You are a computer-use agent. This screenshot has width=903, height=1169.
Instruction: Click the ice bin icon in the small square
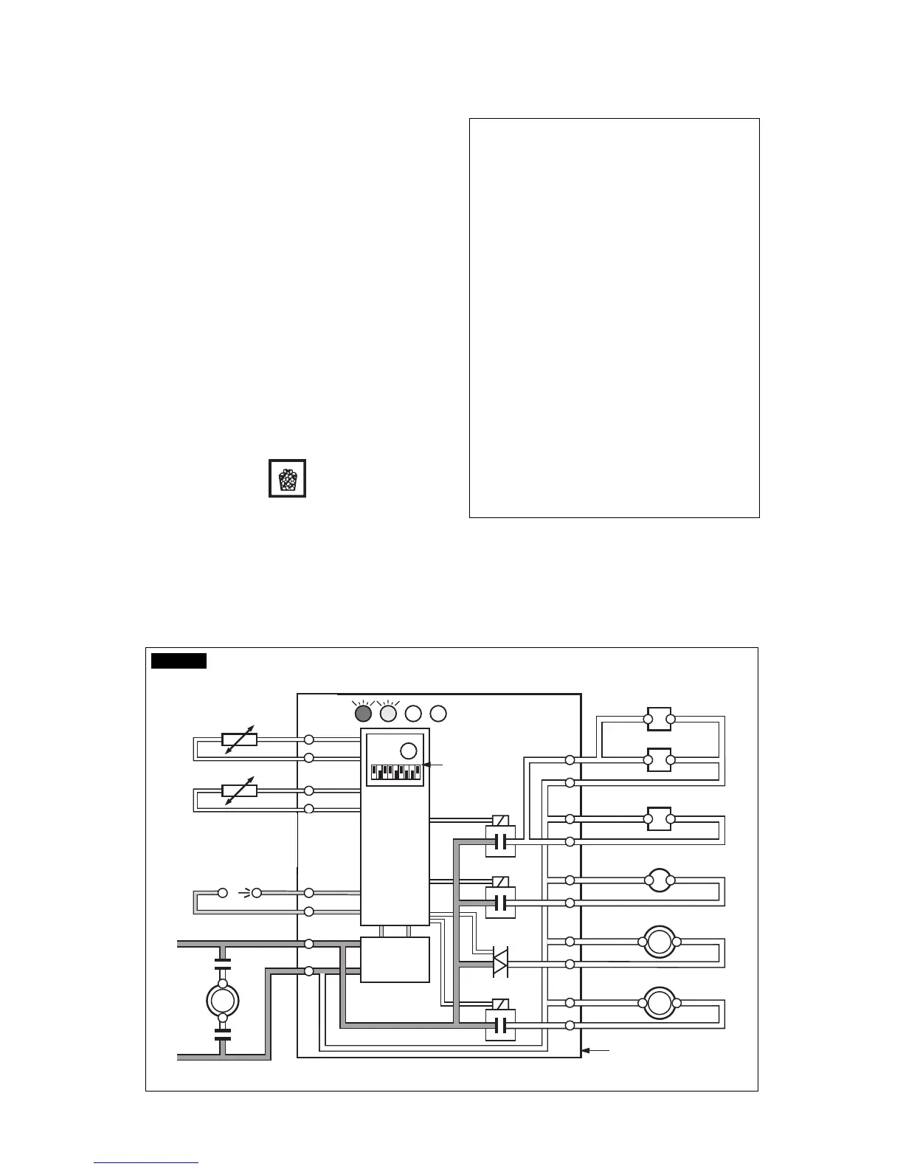287,479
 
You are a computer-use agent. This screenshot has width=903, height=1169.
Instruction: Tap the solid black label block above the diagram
179,660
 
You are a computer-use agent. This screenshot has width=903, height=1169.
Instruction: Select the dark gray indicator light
363,714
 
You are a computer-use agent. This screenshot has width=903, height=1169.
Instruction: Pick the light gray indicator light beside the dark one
388,714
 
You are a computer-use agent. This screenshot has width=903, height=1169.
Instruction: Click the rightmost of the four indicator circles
438,714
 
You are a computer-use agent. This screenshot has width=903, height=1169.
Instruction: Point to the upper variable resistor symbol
239,739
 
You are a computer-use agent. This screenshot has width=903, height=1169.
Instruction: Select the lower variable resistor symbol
239,790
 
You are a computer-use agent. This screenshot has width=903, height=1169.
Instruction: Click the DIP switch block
395,772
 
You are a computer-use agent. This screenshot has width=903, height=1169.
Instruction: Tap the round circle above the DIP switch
408,751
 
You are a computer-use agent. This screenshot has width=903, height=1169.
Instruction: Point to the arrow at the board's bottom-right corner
596,1049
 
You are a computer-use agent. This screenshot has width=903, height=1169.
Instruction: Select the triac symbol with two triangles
500,963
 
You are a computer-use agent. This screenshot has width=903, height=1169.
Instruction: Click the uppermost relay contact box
500,841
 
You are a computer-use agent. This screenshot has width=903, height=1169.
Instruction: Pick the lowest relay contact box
500,1025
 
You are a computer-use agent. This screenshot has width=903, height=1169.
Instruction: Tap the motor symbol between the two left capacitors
223,1000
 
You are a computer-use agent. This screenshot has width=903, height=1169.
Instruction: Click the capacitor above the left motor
223,962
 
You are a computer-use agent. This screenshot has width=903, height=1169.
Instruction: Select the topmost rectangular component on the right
659,719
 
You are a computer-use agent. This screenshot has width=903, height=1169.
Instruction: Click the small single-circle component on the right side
659,880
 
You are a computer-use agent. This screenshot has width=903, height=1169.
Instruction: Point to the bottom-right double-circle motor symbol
659,1003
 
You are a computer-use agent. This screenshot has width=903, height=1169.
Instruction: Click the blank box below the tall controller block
395,959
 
